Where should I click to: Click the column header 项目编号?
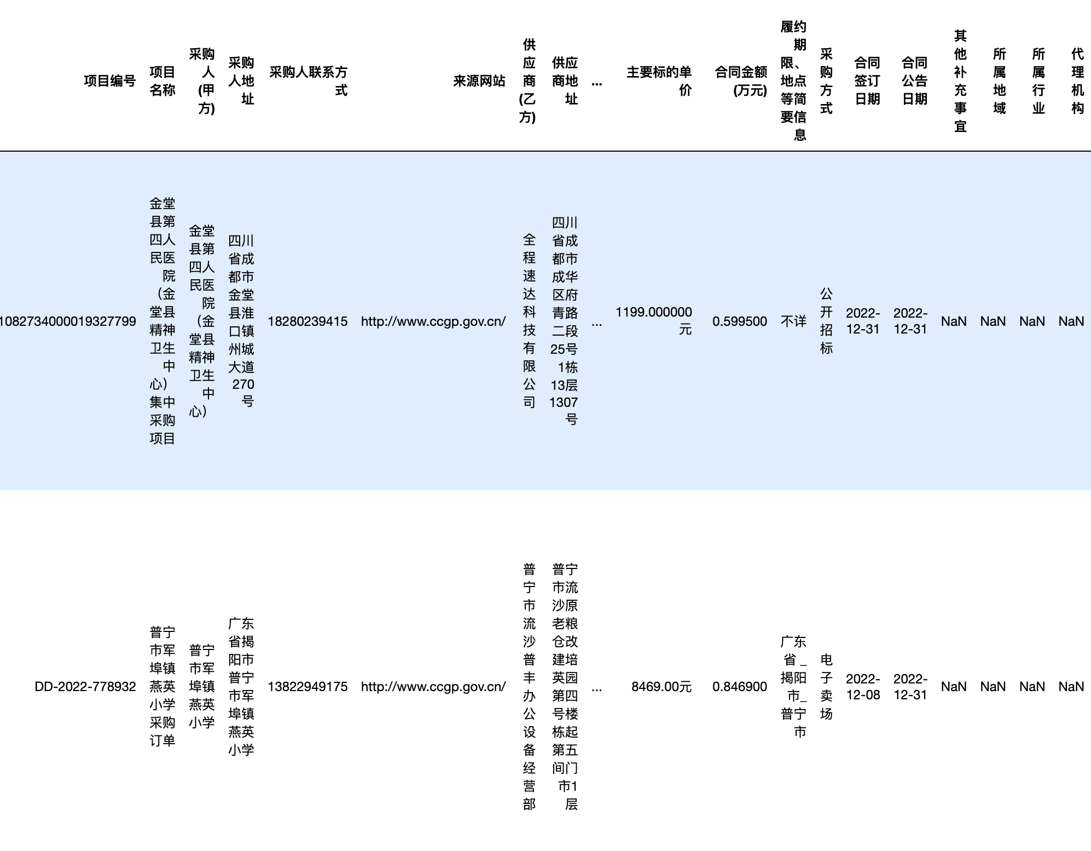[x=109, y=81]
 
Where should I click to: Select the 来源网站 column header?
[x=479, y=81]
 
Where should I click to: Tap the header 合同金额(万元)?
[x=741, y=81]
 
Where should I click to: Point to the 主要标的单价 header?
[x=659, y=81]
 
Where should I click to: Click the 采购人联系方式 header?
[x=309, y=81]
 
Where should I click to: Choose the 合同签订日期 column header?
[x=867, y=81]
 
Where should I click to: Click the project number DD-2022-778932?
[x=85, y=687]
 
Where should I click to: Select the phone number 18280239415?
[x=307, y=321]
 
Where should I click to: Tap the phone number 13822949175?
[x=307, y=687]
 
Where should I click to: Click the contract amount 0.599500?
[x=740, y=321]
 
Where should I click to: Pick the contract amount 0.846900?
[x=740, y=687]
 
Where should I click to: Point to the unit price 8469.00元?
[x=661, y=687]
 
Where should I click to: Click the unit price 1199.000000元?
[x=654, y=321]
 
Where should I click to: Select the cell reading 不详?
[x=793, y=321]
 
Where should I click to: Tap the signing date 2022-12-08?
[x=863, y=687]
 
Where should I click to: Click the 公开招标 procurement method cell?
[x=826, y=321]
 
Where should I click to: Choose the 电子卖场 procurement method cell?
[x=826, y=687]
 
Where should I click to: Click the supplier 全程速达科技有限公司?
[x=529, y=321]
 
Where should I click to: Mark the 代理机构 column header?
[x=1077, y=81]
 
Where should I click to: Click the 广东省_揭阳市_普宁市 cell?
[x=793, y=687]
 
